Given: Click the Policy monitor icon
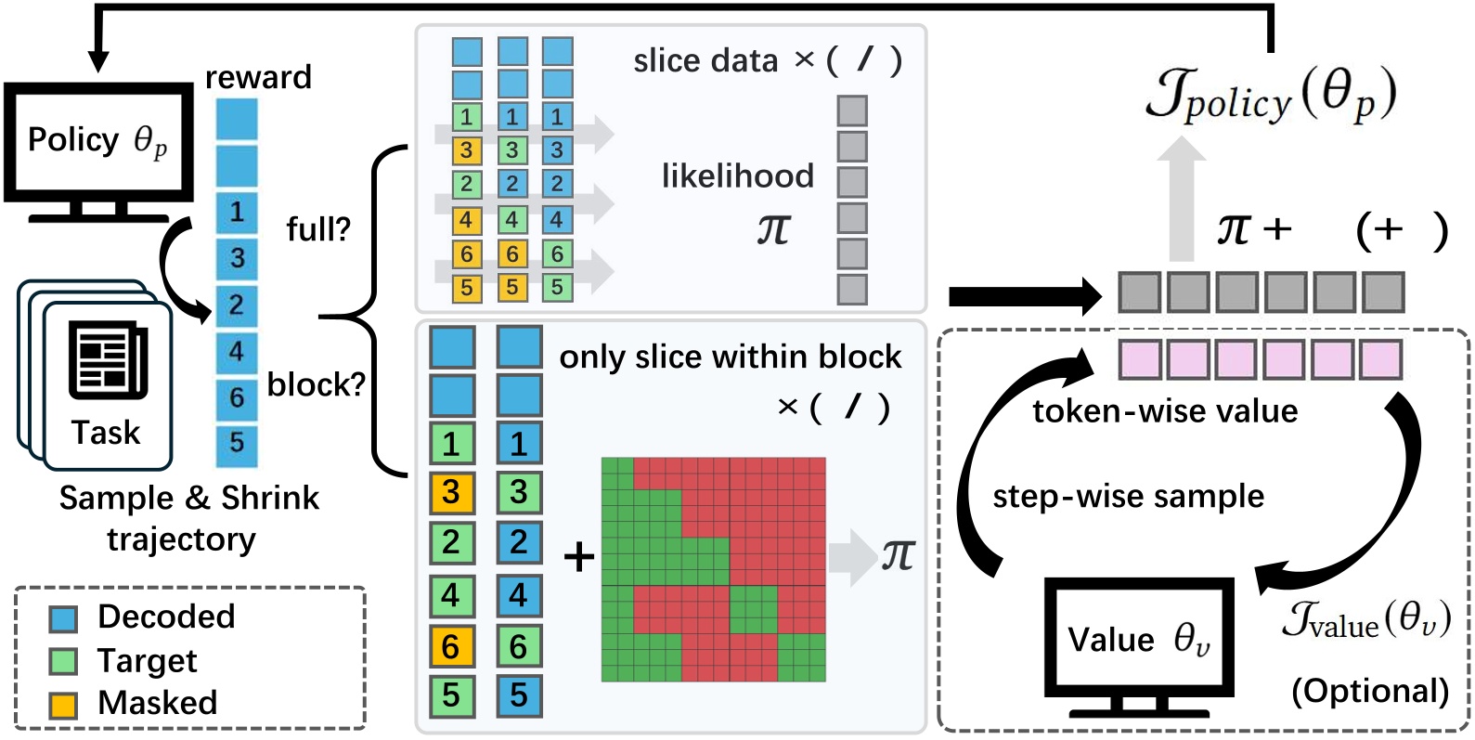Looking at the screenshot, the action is [x=98, y=151].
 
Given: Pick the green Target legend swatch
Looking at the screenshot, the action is [x=63, y=662].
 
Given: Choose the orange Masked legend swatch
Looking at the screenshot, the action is [x=63, y=705].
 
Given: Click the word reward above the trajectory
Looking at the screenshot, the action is [x=258, y=77].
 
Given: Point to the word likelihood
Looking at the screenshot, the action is [x=737, y=175].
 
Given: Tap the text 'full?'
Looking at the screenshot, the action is [x=318, y=229].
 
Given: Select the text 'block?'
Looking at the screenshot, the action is [x=316, y=384].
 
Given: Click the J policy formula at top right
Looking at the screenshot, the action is [x=1270, y=97].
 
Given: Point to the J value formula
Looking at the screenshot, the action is [x=1366, y=619].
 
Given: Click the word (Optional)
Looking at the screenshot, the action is [x=1370, y=692].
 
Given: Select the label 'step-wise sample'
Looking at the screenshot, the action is [x=1128, y=497].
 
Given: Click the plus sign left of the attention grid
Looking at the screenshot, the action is [x=579, y=558].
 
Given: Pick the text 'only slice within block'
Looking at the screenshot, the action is [x=731, y=357].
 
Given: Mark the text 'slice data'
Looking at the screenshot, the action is [x=705, y=61].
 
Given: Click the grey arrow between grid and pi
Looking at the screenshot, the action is [x=853, y=557].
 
